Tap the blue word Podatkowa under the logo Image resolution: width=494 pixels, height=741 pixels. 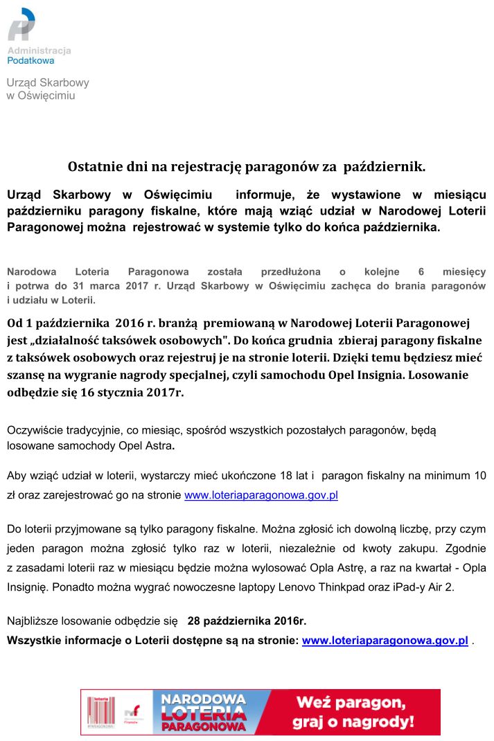coord(30,61)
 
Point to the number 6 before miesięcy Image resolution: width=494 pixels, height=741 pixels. coord(421,272)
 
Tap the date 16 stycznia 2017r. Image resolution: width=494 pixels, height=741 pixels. coord(136,391)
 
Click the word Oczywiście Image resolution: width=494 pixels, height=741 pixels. coord(35,430)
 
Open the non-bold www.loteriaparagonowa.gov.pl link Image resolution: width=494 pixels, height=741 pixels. coord(261,495)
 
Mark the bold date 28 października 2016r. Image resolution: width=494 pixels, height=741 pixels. coord(247,620)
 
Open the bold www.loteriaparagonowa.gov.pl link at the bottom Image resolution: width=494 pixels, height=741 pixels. coord(385,641)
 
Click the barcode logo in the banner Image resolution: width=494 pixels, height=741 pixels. coord(98,711)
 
